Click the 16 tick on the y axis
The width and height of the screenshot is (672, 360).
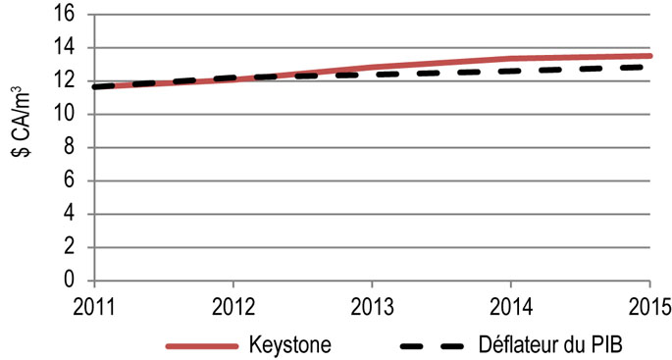pyautogui.click(x=70, y=15)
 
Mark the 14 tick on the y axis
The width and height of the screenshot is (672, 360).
pyautogui.click(x=70, y=48)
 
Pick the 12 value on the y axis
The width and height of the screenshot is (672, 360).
pyautogui.click(x=70, y=81)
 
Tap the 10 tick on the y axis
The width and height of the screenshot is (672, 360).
pyautogui.click(x=70, y=115)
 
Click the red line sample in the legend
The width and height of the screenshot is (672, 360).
pyautogui.click(x=202, y=344)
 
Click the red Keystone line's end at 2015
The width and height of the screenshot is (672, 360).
pyautogui.click(x=650, y=56)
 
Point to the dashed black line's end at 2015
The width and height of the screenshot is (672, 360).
pyautogui.click(x=648, y=67)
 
